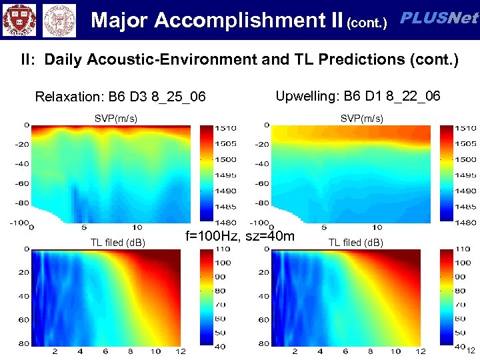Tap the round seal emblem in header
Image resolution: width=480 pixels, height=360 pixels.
(x=59, y=20)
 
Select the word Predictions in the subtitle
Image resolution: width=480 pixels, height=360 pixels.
(x=359, y=59)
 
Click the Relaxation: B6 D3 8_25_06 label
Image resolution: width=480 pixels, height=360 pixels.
(x=120, y=97)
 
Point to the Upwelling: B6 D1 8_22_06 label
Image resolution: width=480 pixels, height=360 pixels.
(x=358, y=96)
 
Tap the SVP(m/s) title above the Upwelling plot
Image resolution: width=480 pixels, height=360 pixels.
(x=361, y=118)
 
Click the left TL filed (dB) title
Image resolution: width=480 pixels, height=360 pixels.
(x=117, y=242)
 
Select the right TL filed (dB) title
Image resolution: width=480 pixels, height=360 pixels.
(x=355, y=242)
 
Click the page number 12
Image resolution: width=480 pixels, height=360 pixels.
(x=470, y=351)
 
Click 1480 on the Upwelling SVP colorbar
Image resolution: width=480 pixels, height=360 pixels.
(x=466, y=223)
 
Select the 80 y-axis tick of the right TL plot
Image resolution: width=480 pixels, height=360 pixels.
(x=263, y=343)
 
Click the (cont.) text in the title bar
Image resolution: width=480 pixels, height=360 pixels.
(x=367, y=23)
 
